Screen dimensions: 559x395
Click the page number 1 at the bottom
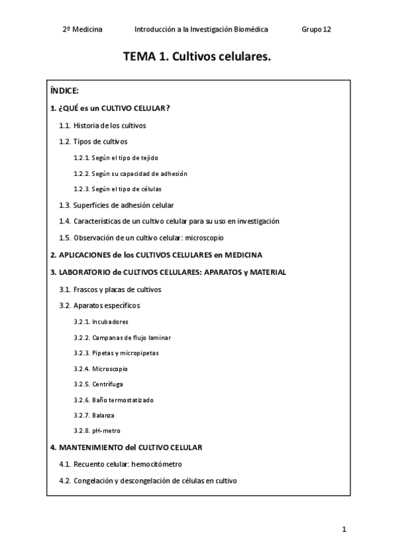pos(344,529)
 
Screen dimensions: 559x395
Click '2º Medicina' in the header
pos(82,30)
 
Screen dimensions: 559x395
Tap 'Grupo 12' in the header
pos(316,30)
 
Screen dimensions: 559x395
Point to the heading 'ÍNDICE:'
pos(65,90)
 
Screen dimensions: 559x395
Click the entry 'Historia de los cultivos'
pos(110,125)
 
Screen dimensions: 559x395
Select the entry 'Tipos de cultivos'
pos(101,141)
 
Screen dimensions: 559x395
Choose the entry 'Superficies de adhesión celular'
pos(124,205)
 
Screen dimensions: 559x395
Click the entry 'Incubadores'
pos(111,322)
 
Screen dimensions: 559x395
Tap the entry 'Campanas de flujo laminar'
pos(132,338)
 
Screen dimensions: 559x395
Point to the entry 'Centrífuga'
pos(108,384)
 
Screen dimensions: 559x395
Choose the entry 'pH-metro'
pos(107,430)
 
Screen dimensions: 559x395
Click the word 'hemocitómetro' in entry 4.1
pos(156,464)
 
